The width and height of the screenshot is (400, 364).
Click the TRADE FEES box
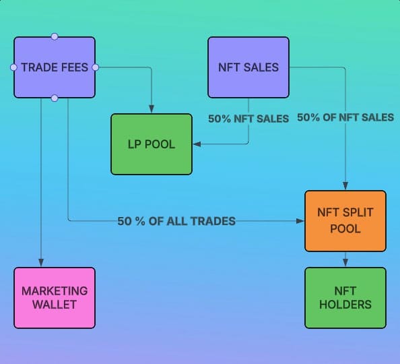(55, 67)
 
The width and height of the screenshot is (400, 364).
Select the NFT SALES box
(248, 67)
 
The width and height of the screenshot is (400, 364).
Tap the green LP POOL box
(152, 144)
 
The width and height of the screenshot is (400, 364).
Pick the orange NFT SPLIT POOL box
(345, 221)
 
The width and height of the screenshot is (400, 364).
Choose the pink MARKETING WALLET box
(55, 298)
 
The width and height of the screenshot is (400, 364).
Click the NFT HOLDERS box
(345, 298)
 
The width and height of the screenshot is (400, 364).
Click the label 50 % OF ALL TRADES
(176, 221)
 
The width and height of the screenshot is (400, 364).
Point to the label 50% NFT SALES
(248, 119)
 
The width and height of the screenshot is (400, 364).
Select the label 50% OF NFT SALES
(345, 117)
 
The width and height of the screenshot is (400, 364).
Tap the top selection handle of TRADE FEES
(55, 36)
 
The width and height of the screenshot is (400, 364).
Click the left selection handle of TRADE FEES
(13, 67)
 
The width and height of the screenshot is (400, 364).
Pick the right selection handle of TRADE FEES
(96, 67)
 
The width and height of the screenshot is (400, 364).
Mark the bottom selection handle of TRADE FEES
(55, 98)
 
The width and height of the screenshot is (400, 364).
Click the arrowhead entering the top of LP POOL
(152, 109)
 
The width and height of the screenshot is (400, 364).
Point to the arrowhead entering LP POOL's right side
(197, 144)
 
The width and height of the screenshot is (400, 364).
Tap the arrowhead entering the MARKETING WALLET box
(41, 263)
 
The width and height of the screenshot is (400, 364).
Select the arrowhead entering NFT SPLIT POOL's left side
(300, 221)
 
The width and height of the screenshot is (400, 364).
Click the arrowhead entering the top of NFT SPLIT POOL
(345, 185)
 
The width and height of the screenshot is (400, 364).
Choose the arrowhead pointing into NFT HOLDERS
(345, 263)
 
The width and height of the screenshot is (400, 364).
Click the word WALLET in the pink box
(55, 305)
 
